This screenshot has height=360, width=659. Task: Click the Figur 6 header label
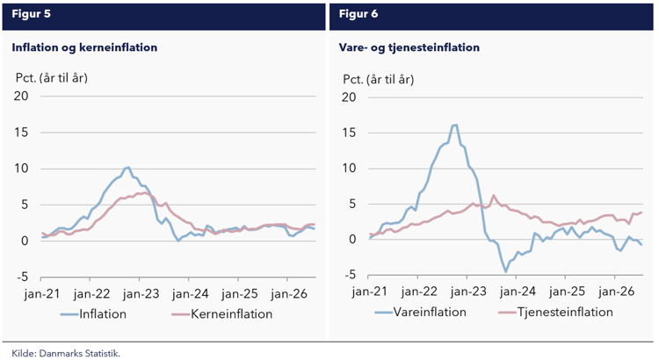pos(358,14)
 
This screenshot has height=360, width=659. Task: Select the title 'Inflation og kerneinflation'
pos(84,47)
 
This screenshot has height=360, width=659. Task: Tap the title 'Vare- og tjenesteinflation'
pos(409,47)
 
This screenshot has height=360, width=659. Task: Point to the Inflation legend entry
pos(93,313)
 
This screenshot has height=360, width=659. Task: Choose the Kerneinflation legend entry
pos(222,313)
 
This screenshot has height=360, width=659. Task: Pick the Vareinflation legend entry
pos(420,312)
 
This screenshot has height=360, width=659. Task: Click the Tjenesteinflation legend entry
pos(555,312)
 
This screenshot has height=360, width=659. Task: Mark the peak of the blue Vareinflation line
pos(455,125)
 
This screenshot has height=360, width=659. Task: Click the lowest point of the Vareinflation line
pos(505,272)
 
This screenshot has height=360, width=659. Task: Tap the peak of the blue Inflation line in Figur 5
pos(127,167)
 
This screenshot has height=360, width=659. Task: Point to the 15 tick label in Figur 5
pos(21,133)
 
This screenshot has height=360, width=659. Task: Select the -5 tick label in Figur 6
pos(348,275)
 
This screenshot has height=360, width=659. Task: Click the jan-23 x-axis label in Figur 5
pos(141,293)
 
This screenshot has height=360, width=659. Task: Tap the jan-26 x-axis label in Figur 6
pos(616,292)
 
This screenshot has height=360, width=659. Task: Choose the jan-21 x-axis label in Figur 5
pos(42,293)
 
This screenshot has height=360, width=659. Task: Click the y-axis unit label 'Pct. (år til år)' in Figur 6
pos(378,79)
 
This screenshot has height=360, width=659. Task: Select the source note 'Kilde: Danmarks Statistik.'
pos(66,353)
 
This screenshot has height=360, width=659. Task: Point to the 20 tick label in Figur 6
pos(349,97)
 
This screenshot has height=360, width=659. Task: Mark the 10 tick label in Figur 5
pos(21,169)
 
